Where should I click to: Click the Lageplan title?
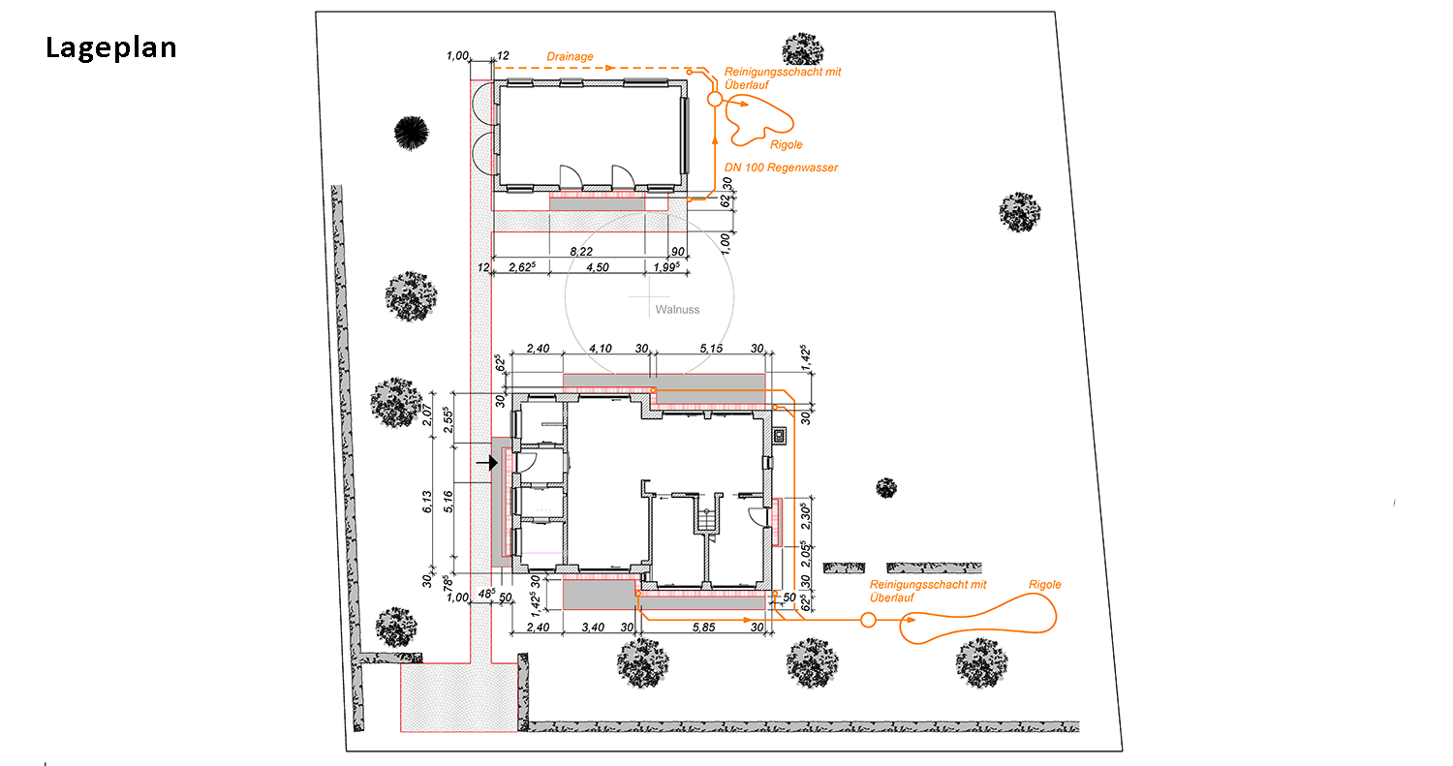pyautogui.click(x=111, y=48)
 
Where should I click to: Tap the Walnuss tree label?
pyautogui.click(x=677, y=309)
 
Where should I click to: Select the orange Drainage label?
pyautogui.click(x=570, y=56)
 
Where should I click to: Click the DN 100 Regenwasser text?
pyautogui.click(x=781, y=168)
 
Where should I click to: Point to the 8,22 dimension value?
pyautogui.click(x=581, y=252)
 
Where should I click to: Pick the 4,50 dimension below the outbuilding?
pyautogui.click(x=598, y=267)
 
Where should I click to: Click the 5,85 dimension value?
pyautogui.click(x=704, y=628)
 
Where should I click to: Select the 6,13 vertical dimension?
pyautogui.click(x=427, y=502)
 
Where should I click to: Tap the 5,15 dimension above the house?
pyautogui.click(x=711, y=349)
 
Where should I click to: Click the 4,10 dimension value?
pyautogui.click(x=600, y=349)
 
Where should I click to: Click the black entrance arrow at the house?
pyautogui.click(x=487, y=463)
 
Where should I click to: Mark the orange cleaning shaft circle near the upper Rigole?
pyautogui.click(x=714, y=99)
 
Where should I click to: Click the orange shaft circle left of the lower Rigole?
pyautogui.click(x=868, y=620)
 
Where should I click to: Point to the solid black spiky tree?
pyautogui.click(x=412, y=133)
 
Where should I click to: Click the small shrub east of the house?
pyautogui.click(x=886, y=488)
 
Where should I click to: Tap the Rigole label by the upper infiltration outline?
pyautogui.click(x=787, y=144)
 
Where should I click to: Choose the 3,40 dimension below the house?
pyautogui.click(x=593, y=628)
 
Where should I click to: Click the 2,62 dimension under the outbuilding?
pyautogui.click(x=522, y=267)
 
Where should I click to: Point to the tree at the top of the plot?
pyautogui.click(x=803, y=49)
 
